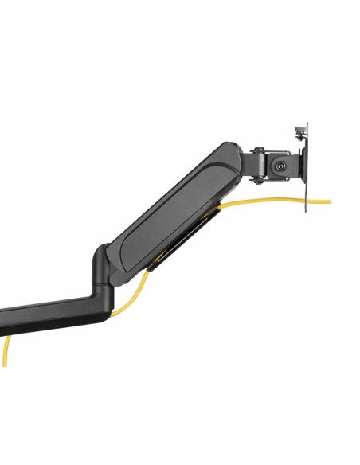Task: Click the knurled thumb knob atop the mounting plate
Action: coord(300,129)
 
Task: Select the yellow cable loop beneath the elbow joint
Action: coord(131,299)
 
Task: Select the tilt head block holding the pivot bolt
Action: coord(279,166)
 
